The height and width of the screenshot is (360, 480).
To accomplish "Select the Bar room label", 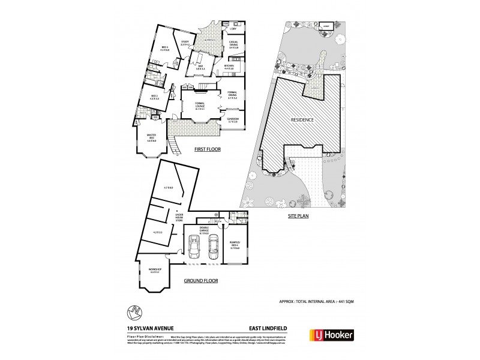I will pos(199,67).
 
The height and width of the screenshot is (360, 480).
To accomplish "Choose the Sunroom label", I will pos(233,121).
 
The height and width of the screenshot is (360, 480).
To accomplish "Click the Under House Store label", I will pos(179,218).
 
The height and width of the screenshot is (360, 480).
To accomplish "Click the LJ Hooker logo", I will pos(331,334).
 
